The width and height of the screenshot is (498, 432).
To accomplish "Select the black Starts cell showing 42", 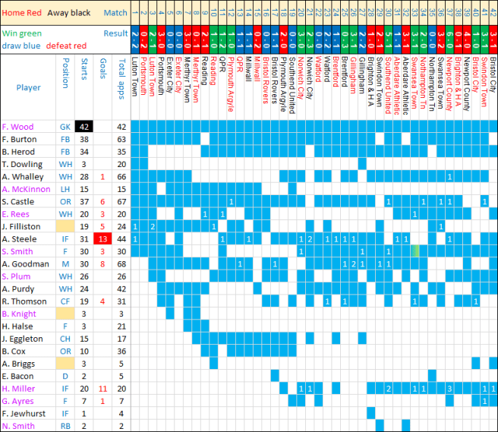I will click(x=84, y=127).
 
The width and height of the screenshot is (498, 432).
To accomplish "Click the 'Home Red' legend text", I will click(x=22, y=12).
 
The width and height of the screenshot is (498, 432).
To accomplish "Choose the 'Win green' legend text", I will click(x=22, y=33).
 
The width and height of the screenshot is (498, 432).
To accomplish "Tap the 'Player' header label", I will click(x=28, y=87).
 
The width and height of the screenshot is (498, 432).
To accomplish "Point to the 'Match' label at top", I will click(x=115, y=12).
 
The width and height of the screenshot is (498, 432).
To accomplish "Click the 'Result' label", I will click(x=115, y=33).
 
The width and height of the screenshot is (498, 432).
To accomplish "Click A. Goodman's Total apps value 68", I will click(x=121, y=263).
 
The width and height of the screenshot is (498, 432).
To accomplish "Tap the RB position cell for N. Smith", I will click(x=66, y=425).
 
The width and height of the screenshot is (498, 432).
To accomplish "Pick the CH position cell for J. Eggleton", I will click(x=66, y=338).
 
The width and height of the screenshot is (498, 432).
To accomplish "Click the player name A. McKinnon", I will click(x=26, y=189).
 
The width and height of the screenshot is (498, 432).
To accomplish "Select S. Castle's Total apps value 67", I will click(x=121, y=201).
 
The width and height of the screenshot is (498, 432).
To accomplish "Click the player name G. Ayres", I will click(x=17, y=400).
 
